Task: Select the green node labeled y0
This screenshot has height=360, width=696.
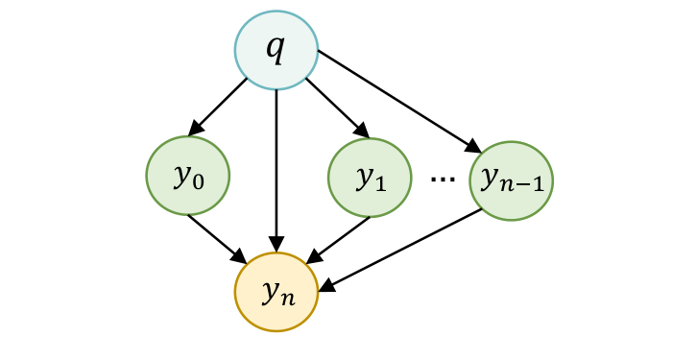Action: coord(187,178)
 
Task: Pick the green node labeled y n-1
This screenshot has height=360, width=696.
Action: coord(512,180)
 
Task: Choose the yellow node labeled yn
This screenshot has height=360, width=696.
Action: coord(276,291)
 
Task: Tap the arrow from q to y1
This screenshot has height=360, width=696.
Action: coord(336,108)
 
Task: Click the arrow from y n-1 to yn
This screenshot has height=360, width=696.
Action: coord(403,248)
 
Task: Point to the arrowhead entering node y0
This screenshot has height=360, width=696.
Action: coord(195,129)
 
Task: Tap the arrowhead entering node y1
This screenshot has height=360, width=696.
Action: coord(361,131)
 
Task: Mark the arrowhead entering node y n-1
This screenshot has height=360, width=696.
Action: coord(475,147)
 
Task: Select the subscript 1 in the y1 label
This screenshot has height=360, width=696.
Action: coord(378,183)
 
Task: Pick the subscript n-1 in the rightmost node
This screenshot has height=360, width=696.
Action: coord(526,185)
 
